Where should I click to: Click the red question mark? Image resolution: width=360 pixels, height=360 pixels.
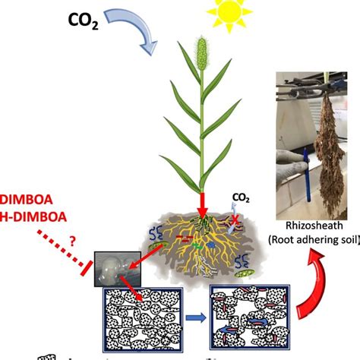pos(75,241)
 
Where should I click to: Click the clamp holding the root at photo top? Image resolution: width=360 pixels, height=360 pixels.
pos(308,78)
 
